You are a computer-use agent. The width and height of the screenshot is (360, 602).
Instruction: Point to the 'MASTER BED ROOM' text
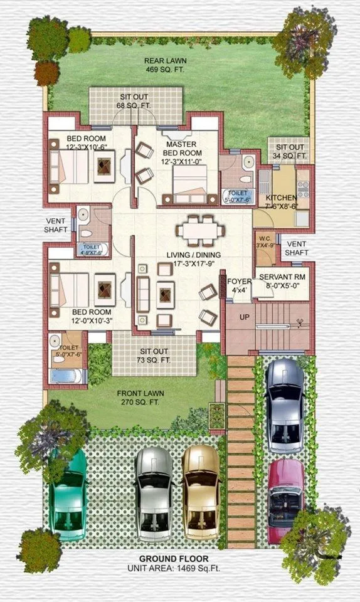pyautogui.click(x=182, y=149)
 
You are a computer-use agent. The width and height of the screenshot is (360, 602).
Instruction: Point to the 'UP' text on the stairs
pyautogui.click(x=244, y=317)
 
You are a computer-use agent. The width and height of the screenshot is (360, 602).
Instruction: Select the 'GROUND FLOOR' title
pyautogui.click(x=174, y=558)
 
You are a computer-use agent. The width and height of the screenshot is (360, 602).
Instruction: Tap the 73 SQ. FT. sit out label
pyautogui.click(x=153, y=356)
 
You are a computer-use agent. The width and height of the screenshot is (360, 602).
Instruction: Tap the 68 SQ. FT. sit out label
pyautogui.click(x=134, y=101)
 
